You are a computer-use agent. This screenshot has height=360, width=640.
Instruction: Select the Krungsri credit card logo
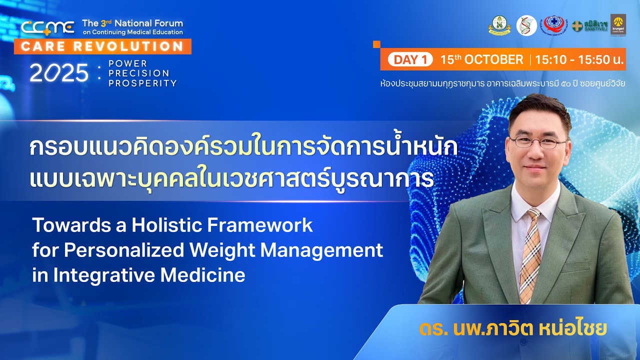pyautogui.click(x=618, y=24)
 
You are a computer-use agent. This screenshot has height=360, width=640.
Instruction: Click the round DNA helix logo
pyautogui.click(x=526, y=25)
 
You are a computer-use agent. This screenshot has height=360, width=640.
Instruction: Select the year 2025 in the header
pyautogui.click(x=58, y=73)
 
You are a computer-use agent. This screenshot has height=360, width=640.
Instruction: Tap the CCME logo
pyautogui.click(x=47, y=27)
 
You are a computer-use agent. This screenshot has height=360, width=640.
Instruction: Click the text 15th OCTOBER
pyautogui.click(x=481, y=59)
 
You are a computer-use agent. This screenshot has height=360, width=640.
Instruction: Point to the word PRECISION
pyautogui.click(x=138, y=73)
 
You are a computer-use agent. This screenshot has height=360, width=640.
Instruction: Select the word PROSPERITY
pyautogui.click(x=142, y=83)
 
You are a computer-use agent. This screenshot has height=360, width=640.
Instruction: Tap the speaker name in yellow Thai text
pyautogui.click(x=513, y=329)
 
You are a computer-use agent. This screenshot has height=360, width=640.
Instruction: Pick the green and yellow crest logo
pyautogui.click(x=499, y=25)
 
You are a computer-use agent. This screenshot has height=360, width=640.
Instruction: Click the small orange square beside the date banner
pyautogui.click(x=376, y=44)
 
